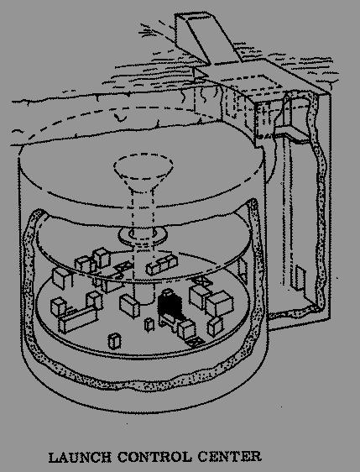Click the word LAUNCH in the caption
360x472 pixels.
pos(80,457)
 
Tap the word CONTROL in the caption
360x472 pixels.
pos(154,457)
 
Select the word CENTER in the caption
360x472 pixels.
pos(230,457)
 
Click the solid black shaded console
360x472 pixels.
pos(170,305)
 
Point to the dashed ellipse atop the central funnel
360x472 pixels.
pos(143,165)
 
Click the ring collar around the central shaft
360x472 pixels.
pos(143,236)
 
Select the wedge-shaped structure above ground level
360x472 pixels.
pos(207,38)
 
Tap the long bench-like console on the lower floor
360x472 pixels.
pos(78,320)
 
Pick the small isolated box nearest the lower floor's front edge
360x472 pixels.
pos(114,341)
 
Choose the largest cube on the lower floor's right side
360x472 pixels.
pos(219,303)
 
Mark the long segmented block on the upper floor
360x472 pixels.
pos(162,265)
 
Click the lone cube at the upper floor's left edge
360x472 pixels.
pos(61,278)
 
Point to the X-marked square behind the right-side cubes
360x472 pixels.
pos(201,281)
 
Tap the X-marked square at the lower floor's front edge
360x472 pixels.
pos(196,343)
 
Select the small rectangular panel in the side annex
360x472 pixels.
pos(300,278)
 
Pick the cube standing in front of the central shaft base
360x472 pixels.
pos(129,306)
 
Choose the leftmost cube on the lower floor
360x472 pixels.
pos(59,307)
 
